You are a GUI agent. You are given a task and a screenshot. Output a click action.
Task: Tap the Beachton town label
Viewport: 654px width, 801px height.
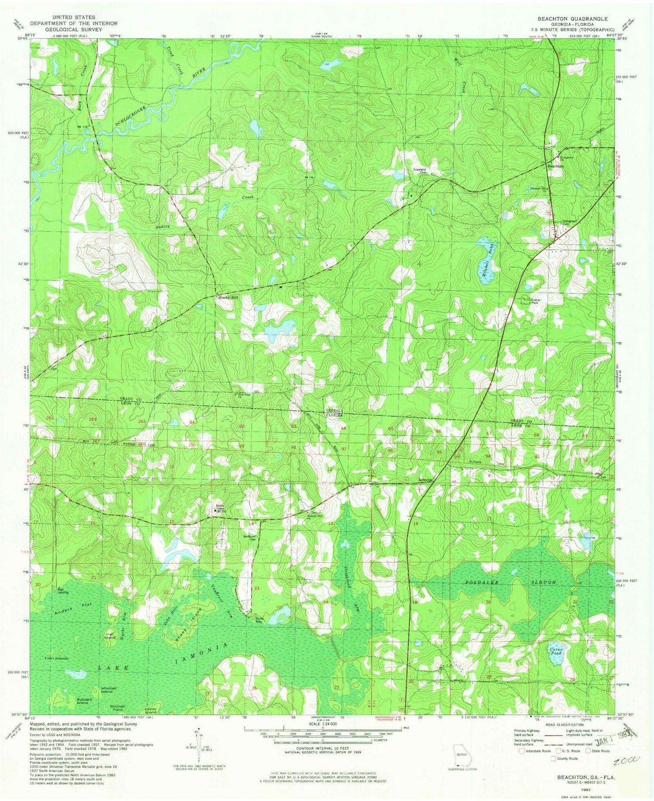click(x=555, y=166)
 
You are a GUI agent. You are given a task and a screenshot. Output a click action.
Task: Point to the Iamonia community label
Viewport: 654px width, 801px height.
click(x=426, y=480)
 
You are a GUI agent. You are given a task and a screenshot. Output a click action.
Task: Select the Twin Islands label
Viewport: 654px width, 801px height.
click(x=56, y=658)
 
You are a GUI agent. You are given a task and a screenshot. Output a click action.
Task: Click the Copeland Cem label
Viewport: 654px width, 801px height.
click(x=416, y=171)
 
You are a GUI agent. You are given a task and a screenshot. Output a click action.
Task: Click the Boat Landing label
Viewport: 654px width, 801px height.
click(x=63, y=591)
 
